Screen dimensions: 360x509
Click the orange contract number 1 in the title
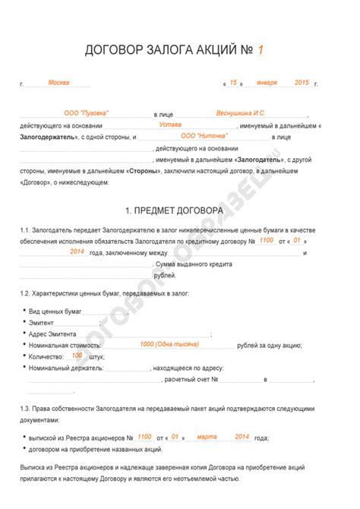261,50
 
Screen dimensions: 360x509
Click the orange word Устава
171,124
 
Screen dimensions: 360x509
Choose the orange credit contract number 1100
266,240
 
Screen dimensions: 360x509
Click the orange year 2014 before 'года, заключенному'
76,251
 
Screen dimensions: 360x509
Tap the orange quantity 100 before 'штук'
77,355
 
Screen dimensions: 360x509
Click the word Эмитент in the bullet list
44,322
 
